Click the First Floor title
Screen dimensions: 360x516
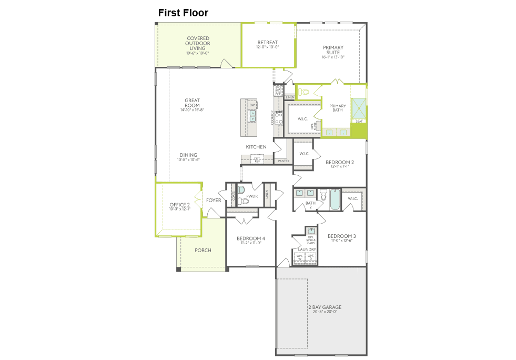183,13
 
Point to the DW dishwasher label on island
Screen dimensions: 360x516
252,105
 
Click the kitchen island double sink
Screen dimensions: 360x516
252,116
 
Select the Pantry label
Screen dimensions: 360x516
284,161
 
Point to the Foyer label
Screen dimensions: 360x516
214,200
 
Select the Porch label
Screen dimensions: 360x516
203,250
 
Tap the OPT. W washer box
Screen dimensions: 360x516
300,257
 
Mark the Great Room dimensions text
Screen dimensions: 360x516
192,110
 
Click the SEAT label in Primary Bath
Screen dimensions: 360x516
359,122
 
